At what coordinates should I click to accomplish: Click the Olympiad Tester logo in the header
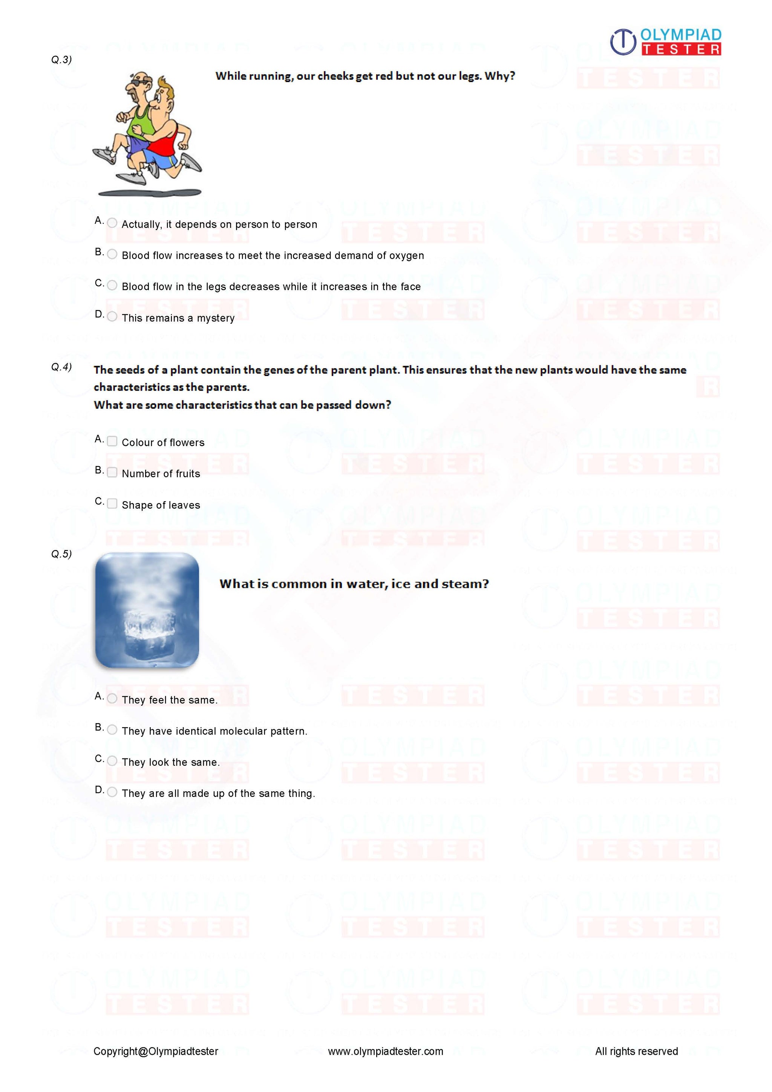pyautogui.click(x=665, y=42)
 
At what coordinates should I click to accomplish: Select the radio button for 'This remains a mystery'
pyautogui.click(x=112, y=316)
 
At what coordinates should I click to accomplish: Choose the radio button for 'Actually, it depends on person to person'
pyautogui.click(x=112, y=223)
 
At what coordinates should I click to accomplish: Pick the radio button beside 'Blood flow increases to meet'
pyautogui.click(x=112, y=254)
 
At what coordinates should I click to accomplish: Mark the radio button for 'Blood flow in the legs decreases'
pyautogui.click(x=112, y=285)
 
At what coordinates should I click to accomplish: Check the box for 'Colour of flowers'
pyautogui.click(x=112, y=441)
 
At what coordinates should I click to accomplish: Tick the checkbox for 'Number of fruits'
pyautogui.click(x=112, y=472)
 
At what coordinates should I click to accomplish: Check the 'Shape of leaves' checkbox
pyautogui.click(x=112, y=503)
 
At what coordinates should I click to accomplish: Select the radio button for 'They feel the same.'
pyautogui.click(x=112, y=698)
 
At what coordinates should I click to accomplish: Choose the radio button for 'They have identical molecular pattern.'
pyautogui.click(x=112, y=730)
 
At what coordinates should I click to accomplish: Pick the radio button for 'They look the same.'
pyautogui.click(x=112, y=760)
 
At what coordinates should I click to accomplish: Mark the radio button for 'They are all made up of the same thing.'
pyautogui.click(x=112, y=792)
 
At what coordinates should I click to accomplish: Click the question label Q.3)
pyautogui.click(x=61, y=60)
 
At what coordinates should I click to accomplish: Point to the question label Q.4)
pyautogui.click(x=61, y=367)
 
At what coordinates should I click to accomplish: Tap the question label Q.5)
pyautogui.click(x=61, y=554)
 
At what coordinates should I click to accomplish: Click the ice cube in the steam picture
pyautogui.click(x=146, y=630)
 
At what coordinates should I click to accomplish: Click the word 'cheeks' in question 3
pyautogui.click(x=335, y=76)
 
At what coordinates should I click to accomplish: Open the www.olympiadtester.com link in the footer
pyautogui.click(x=385, y=1051)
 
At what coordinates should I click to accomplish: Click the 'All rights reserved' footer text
pyautogui.click(x=636, y=1051)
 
